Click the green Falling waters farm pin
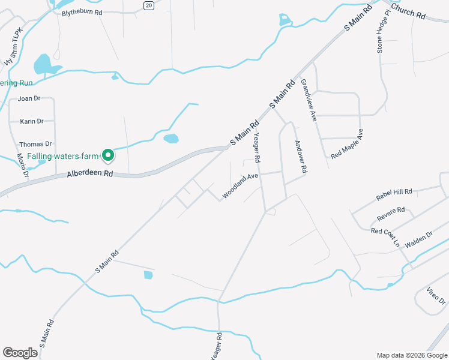(108, 155)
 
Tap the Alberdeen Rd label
(90, 173)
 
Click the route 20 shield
(149, 5)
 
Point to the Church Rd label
(408, 11)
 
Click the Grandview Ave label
(308, 101)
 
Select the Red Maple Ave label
(347, 143)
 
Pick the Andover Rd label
(300, 157)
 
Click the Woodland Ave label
(240, 186)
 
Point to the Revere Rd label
(391, 212)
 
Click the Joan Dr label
(29, 98)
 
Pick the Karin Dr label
(32, 121)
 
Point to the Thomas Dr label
(35, 144)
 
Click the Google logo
(20, 353)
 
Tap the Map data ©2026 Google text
(411, 355)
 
